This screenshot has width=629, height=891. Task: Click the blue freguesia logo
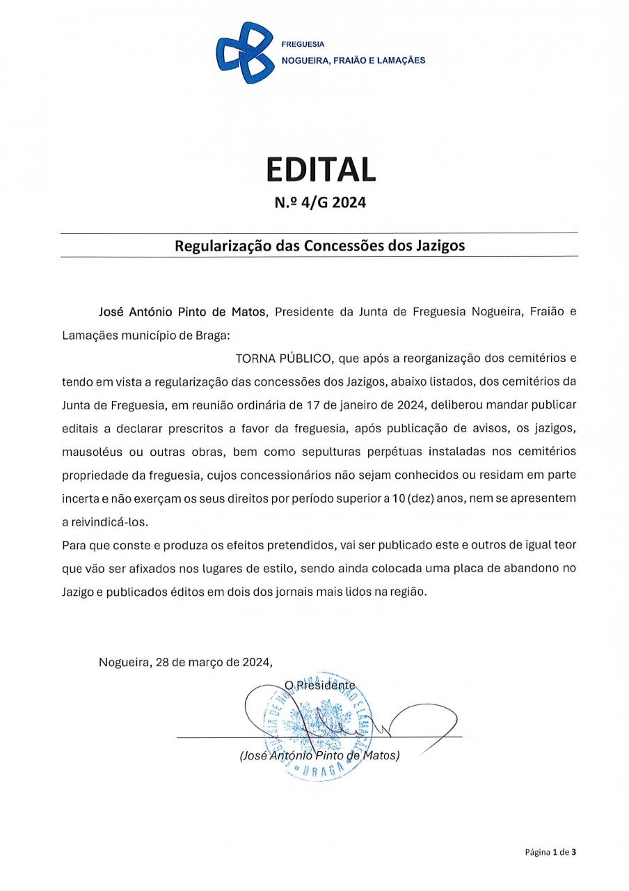(x=244, y=52)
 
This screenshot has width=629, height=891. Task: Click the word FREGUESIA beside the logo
(x=298, y=44)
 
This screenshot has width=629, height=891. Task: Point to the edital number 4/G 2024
(x=330, y=203)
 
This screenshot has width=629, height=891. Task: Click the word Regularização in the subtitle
(x=216, y=246)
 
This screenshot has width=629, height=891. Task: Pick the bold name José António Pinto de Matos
(x=183, y=313)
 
